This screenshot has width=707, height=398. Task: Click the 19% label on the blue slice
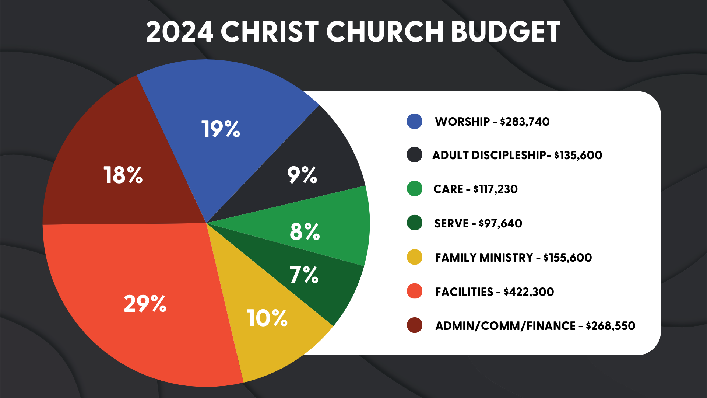coord(221,129)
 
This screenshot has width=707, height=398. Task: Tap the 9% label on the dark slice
coord(302,175)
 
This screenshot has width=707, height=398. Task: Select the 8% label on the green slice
coord(305,232)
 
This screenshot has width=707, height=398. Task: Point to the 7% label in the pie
coord(304,275)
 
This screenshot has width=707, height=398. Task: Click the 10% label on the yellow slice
coord(267,318)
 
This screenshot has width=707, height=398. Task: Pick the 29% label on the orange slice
coord(145,304)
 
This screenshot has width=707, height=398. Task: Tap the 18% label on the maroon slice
coord(123,175)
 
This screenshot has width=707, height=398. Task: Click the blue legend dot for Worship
coord(414,121)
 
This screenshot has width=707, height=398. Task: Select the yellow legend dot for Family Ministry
coord(414,257)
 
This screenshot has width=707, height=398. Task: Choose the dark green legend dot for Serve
coord(414,223)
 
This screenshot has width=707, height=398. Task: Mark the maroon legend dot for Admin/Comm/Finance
coord(414,325)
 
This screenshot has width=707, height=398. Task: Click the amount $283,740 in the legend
coord(525,122)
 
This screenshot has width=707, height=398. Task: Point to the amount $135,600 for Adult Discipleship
coord(578,155)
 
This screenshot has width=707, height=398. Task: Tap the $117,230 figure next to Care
coord(496,189)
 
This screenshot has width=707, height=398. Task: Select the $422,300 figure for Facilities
coord(529,292)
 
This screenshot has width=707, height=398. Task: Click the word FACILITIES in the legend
coord(464,292)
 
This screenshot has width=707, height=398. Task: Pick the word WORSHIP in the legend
coord(462,122)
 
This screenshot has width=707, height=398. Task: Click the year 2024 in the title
coord(180,32)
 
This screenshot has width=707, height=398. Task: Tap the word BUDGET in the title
coord(505,32)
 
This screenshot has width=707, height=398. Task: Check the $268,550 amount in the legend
coord(611,326)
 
